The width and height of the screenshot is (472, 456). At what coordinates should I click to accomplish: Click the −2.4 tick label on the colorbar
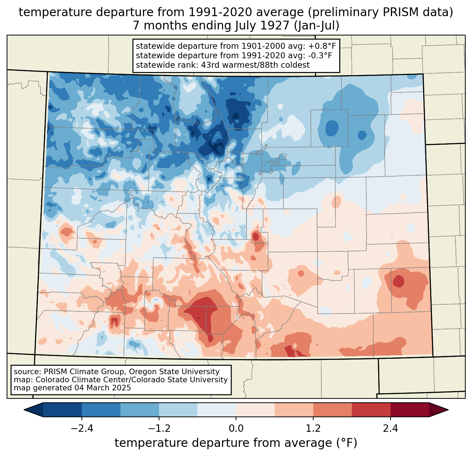coord(82,429)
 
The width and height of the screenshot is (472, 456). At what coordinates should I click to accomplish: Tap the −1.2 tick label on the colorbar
coord(159,429)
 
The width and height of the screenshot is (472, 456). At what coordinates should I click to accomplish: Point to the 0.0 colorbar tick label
coord(236,429)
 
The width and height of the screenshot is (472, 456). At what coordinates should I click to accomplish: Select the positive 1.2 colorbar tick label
coord(313,429)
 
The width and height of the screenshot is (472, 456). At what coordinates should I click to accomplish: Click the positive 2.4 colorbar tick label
coord(390,429)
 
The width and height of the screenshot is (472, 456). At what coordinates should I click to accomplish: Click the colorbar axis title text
coord(236,443)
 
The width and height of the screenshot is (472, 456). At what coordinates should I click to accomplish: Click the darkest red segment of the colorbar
coord(409,410)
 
